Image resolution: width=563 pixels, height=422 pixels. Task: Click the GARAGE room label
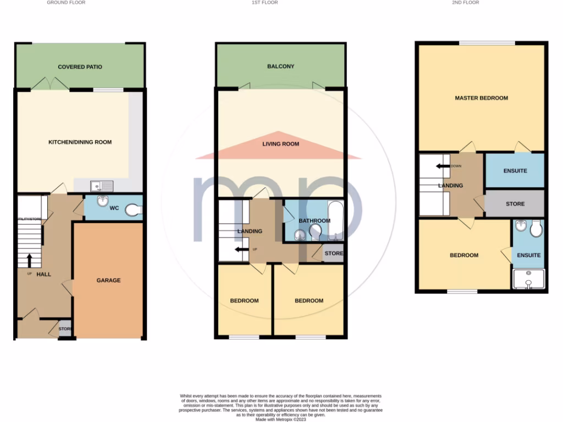click(x=108, y=280)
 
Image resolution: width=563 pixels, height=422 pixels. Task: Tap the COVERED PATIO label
click(x=80, y=67)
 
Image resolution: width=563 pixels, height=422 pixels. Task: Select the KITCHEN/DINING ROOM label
click(x=80, y=142)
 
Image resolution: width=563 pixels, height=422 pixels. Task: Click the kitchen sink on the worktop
click(x=102, y=186)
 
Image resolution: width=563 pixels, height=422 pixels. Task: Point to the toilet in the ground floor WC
click(x=134, y=209)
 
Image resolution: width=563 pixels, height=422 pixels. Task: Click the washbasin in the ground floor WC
click(x=102, y=202)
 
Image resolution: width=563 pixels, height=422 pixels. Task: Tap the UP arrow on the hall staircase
click(x=29, y=259)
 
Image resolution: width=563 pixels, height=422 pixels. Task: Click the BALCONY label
click(x=281, y=66)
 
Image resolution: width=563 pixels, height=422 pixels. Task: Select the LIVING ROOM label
click(x=280, y=144)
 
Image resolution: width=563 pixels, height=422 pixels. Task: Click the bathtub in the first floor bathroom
click(x=335, y=221)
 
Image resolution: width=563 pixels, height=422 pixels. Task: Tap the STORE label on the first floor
click(x=334, y=254)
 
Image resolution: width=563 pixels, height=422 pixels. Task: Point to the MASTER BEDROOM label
click(x=481, y=98)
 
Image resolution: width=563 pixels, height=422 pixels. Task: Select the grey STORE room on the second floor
click(x=515, y=204)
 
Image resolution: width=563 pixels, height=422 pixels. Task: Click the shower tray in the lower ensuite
click(x=528, y=279)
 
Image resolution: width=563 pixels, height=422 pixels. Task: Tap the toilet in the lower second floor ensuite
click(x=536, y=228)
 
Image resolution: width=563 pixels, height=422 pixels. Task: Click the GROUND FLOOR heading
click(x=65, y=3)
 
